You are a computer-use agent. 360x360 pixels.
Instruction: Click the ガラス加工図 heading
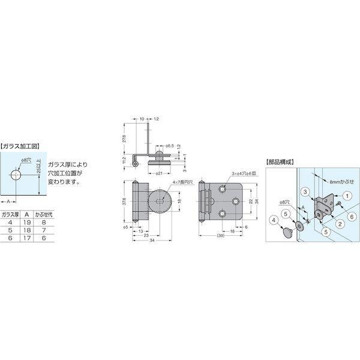pyautogui.click(x=21, y=145)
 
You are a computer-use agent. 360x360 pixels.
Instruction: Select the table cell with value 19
pyautogui.click(x=28, y=221)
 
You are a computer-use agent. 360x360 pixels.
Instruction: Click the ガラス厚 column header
pyautogui.click(x=10, y=214)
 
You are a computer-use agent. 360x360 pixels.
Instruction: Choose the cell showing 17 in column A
pyautogui.click(x=28, y=238)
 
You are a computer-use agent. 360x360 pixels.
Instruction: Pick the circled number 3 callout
pyautogui.click(x=305, y=191)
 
